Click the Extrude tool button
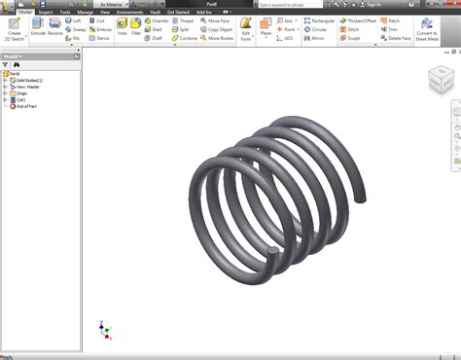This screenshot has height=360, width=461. point(38,26)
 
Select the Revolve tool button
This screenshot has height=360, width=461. point(54,26)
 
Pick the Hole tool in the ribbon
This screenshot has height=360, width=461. point(122,26)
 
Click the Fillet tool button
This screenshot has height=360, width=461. point(137,26)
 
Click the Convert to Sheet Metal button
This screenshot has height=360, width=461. point(427,28)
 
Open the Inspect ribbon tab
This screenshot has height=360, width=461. point(45,12)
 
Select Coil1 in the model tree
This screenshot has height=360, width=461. point(19,98)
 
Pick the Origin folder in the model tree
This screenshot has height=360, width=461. point(21,92)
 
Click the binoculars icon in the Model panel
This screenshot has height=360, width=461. point(17,65)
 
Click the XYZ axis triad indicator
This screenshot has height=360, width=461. point(104,328)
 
